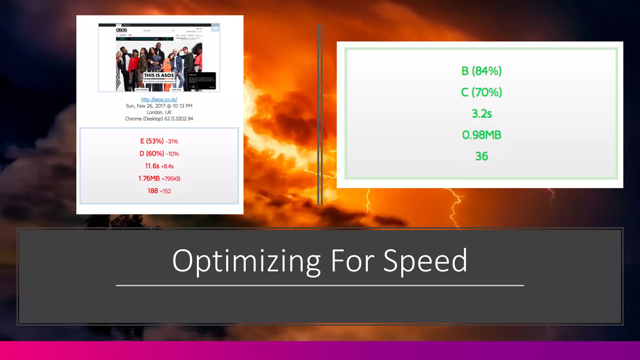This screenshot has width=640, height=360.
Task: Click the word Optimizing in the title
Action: [x=246, y=261]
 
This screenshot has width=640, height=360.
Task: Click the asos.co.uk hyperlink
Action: [x=159, y=99]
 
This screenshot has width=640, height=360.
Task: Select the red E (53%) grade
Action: [x=152, y=141]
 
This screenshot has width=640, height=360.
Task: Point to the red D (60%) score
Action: [x=152, y=154]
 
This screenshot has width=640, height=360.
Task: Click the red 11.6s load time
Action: [x=152, y=166]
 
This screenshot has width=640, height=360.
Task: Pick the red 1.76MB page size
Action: [x=149, y=178]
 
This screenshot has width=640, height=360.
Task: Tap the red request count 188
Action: [x=153, y=191]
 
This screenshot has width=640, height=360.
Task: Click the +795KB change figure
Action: [x=171, y=179]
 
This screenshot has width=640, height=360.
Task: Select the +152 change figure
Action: [x=165, y=191]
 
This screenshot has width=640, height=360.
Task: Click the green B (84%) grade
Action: [x=481, y=71]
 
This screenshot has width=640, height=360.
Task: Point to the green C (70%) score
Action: [x=481, y=92]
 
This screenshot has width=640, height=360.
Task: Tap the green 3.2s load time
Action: [x=482, y=114]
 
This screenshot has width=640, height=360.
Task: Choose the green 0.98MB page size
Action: [x=482, y=135]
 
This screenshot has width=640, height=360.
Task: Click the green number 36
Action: [x=482, y=156]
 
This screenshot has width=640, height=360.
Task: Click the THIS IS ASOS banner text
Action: [x=159, y=75]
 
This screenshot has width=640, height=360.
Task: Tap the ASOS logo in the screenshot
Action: [x=122, y=30]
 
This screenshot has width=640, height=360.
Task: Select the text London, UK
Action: [x=159, y=112]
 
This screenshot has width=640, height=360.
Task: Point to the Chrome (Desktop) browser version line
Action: [x=159, y=119]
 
